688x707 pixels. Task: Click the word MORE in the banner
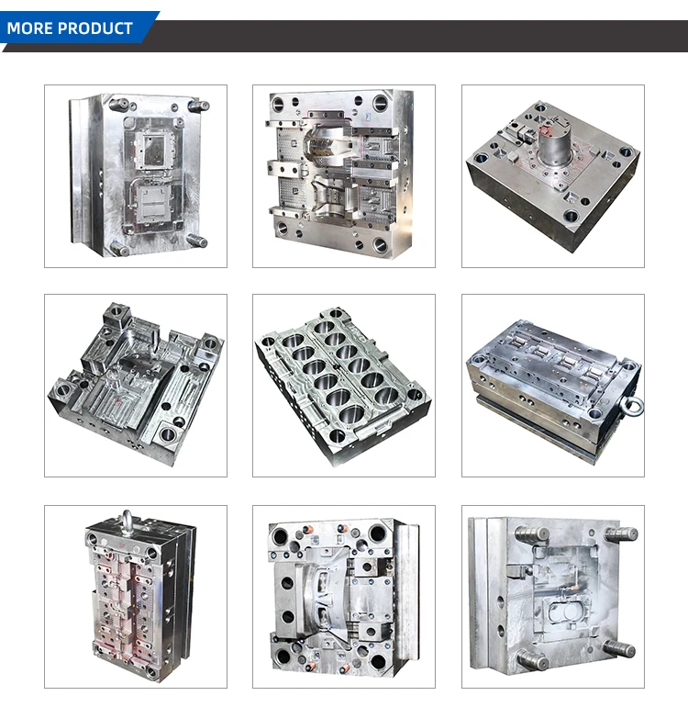[29, 28]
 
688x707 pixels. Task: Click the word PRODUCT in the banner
[94, 28]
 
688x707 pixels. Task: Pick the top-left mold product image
[136, 176]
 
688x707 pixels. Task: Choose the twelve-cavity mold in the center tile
[344, 386]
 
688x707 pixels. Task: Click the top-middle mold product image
[344, 176]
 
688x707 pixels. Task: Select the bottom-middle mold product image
[344, 597]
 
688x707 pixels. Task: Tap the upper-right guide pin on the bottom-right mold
[620, 534]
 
